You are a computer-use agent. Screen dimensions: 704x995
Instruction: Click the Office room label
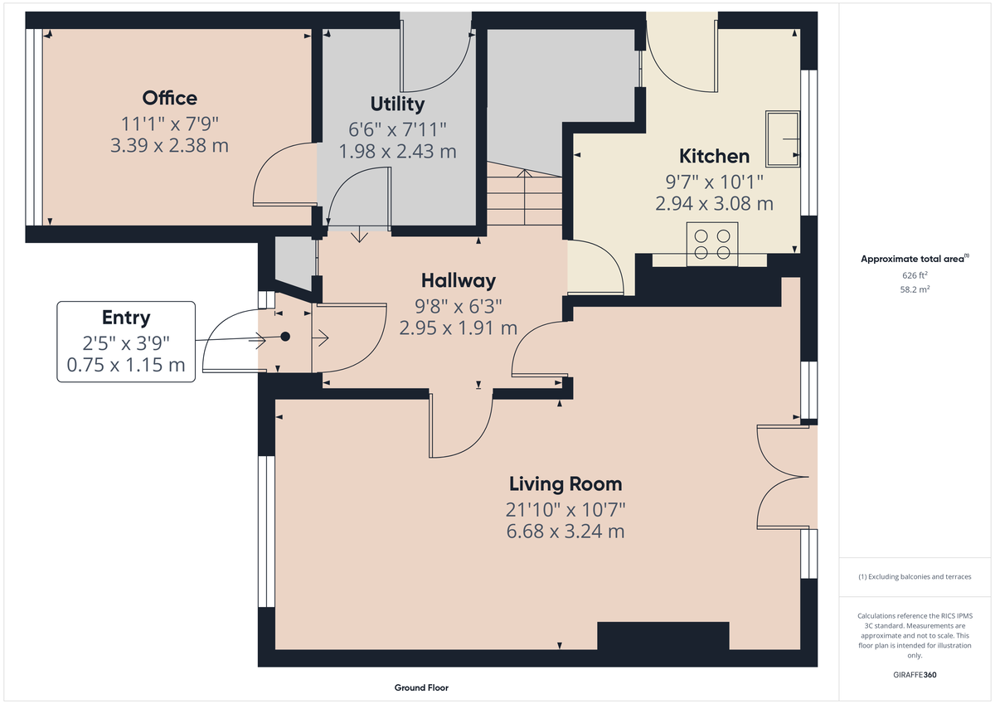click(x=170, y=98)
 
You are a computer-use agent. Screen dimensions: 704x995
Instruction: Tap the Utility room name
click(x=397, y=104)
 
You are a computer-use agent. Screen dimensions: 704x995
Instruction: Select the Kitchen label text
click(x=714, y=156)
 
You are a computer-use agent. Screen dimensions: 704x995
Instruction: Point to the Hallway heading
click(x=458, y=280)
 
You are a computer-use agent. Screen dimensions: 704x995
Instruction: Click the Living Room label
click(x=565, y=484)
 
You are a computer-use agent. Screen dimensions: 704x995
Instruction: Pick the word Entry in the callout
click(x=126, y=317)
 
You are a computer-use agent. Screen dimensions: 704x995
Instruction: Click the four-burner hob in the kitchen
click(x=713, y=244)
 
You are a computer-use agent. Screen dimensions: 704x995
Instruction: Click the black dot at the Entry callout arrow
click(x=285, y=337)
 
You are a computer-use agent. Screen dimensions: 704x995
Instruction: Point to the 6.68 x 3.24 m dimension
click(x=565, y=532)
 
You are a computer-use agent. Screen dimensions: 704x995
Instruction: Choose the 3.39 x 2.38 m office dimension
click(x=169, y=146)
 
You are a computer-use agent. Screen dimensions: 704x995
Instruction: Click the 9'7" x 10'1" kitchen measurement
click(x=714, y=181)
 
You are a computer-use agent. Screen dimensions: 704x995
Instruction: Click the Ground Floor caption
click(x=421, y=688)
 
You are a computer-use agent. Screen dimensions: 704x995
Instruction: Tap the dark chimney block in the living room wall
click(x=663, y=637)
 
